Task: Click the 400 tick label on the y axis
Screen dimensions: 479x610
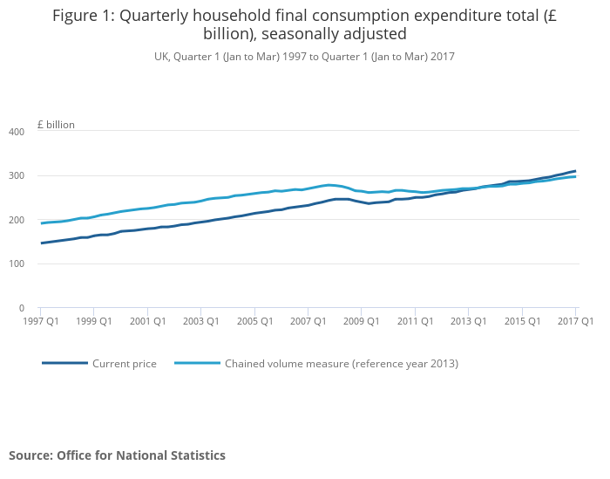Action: pos(17,132)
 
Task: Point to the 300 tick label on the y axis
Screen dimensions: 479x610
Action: pos(17,176)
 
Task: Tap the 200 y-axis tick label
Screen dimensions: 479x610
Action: pos(17,220)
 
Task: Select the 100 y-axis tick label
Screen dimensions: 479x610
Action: pos(17,264)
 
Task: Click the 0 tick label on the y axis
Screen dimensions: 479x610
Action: pos(22,308)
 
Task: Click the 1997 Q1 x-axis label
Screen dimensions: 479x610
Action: pos(40,321)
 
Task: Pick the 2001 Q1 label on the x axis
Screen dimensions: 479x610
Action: pos(147,321)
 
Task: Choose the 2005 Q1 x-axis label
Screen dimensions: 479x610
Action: pos(254,321)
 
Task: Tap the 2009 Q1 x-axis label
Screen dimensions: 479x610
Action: pos(361,321)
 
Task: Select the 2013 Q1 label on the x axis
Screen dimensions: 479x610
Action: pos(468,321)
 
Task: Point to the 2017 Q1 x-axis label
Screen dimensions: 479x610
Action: pos(575,321)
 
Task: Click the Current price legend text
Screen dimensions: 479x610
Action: pos(125,364)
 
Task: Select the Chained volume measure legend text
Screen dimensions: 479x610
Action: pos(341,364)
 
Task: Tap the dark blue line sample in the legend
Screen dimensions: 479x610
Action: pos(64,363)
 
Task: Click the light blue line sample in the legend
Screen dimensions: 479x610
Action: pos(197,363)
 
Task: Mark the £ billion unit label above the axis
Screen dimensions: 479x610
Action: pos(56,125)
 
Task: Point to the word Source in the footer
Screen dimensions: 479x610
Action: pos(30,455)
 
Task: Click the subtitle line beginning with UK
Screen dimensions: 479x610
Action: pos(304,57)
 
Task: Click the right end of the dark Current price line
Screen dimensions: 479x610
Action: pos(575,171)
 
